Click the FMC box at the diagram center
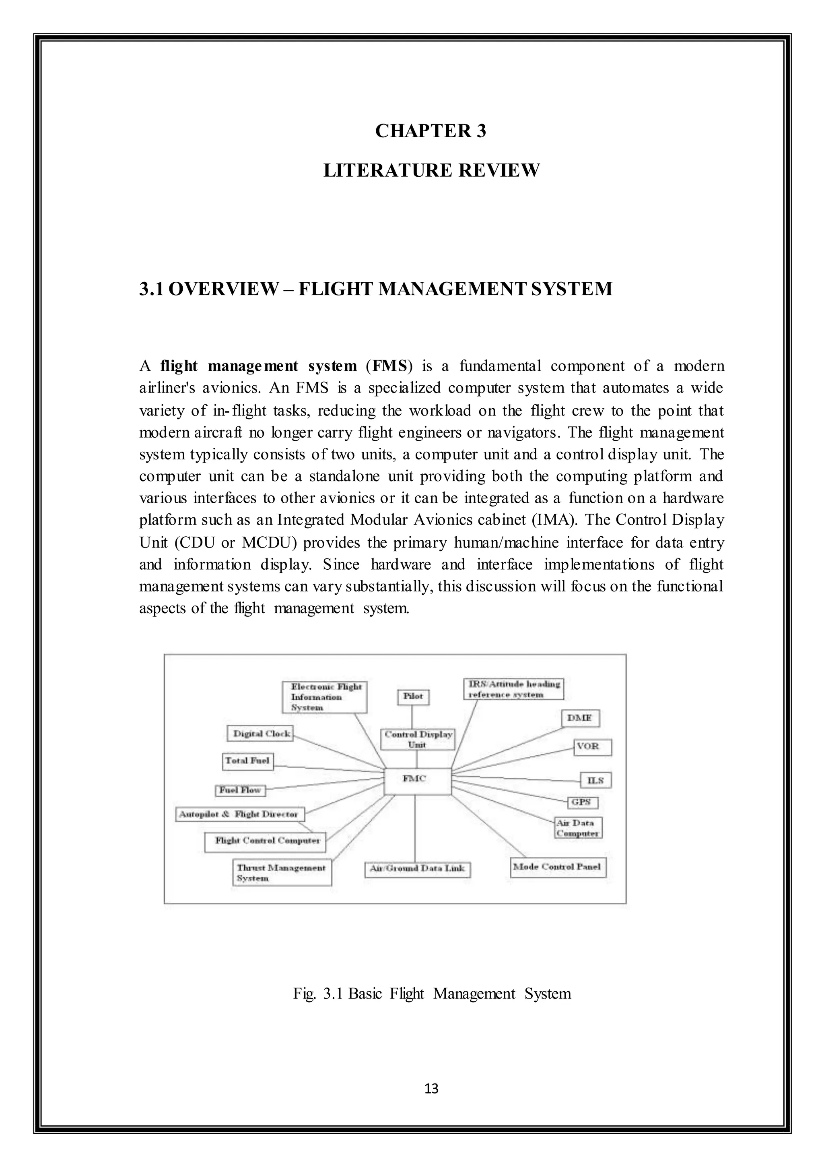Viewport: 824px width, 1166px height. point(417,781)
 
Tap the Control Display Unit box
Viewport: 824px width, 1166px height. point(418,739)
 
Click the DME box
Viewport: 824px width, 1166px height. point(580,719)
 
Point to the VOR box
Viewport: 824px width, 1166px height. point(592,747)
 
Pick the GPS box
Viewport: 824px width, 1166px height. point(582,802)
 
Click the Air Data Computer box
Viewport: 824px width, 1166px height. point(577,828)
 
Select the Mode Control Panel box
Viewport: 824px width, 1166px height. point(558,867)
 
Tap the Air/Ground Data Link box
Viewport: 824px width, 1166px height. point(417,869)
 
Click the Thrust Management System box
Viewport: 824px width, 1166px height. point(282,872)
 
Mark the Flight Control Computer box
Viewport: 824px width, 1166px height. point(265,841)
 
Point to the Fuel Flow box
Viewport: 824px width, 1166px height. point(240,791)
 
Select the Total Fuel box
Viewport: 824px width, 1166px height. point(247,761)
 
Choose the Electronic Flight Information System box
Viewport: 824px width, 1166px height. point(324,697)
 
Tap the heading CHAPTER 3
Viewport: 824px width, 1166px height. point(430,131)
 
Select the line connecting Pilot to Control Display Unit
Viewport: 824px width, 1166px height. point(412,717)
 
